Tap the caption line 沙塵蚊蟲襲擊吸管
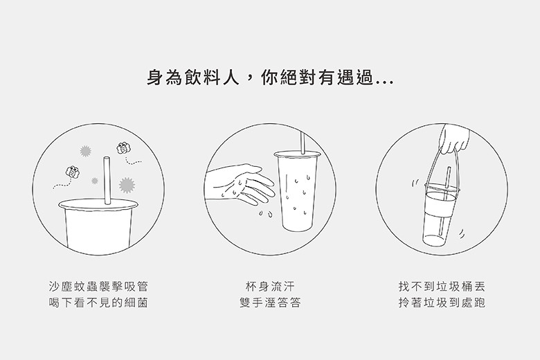(98, 287)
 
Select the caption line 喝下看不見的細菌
(98, 303)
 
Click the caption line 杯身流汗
(270, 287)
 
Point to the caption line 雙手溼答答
(270, 303)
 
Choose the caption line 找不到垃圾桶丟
(442, 287)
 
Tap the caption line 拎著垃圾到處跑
(442, 303)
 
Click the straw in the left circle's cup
(107, 181)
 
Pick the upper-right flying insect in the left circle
(124, 148)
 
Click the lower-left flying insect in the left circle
(73, 172)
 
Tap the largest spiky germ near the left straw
(127, 185)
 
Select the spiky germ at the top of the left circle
(85, 151)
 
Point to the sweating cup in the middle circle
(297, 192)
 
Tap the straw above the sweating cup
(303, 143)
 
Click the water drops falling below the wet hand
(267, 214)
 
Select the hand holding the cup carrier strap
(455, 138)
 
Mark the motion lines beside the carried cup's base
(462, 234)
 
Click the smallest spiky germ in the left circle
(95, 181)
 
